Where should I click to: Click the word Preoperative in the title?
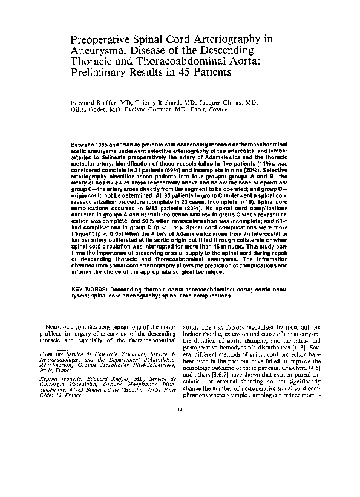[100, 39]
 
